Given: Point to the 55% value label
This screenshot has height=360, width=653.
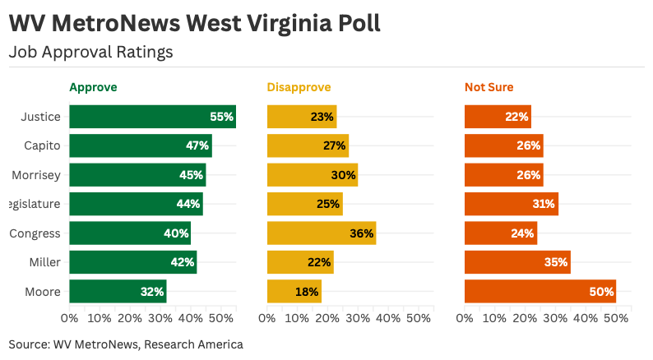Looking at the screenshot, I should coord(221,117).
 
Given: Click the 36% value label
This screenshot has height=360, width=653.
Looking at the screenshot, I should coord(361,233).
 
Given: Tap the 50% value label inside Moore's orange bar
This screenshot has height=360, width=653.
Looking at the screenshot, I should coord(601,292).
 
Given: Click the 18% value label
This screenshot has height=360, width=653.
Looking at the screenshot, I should coord(307,292).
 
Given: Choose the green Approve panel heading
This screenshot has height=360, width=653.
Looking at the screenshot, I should coord(93,87).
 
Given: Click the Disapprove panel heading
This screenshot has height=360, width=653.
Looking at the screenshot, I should coord(299,87).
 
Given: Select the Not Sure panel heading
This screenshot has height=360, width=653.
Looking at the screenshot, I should coord(489,87).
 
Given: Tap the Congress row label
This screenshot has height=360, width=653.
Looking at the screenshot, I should coord(35,233).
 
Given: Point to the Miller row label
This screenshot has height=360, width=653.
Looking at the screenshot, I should coord(45,262).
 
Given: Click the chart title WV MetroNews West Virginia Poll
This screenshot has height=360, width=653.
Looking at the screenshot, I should coord(194,22).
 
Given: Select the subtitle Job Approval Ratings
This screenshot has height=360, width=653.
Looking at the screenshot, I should coord(90,52).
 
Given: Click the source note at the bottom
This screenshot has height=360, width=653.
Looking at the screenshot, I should coord(126,344).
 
